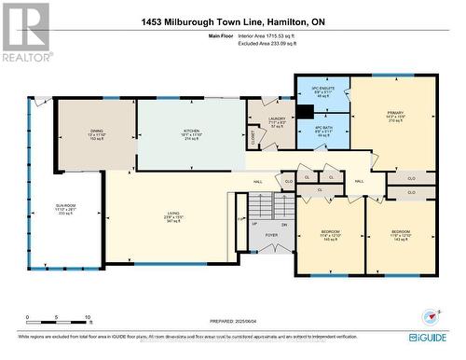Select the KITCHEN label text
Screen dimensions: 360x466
[191, 132]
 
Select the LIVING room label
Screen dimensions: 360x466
[169, 216]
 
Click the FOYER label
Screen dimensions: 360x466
[271, 236]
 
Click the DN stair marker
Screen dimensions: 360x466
[284, 224]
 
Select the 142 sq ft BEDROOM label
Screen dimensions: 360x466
[400, 235]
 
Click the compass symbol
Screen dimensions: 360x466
[429, 317]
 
